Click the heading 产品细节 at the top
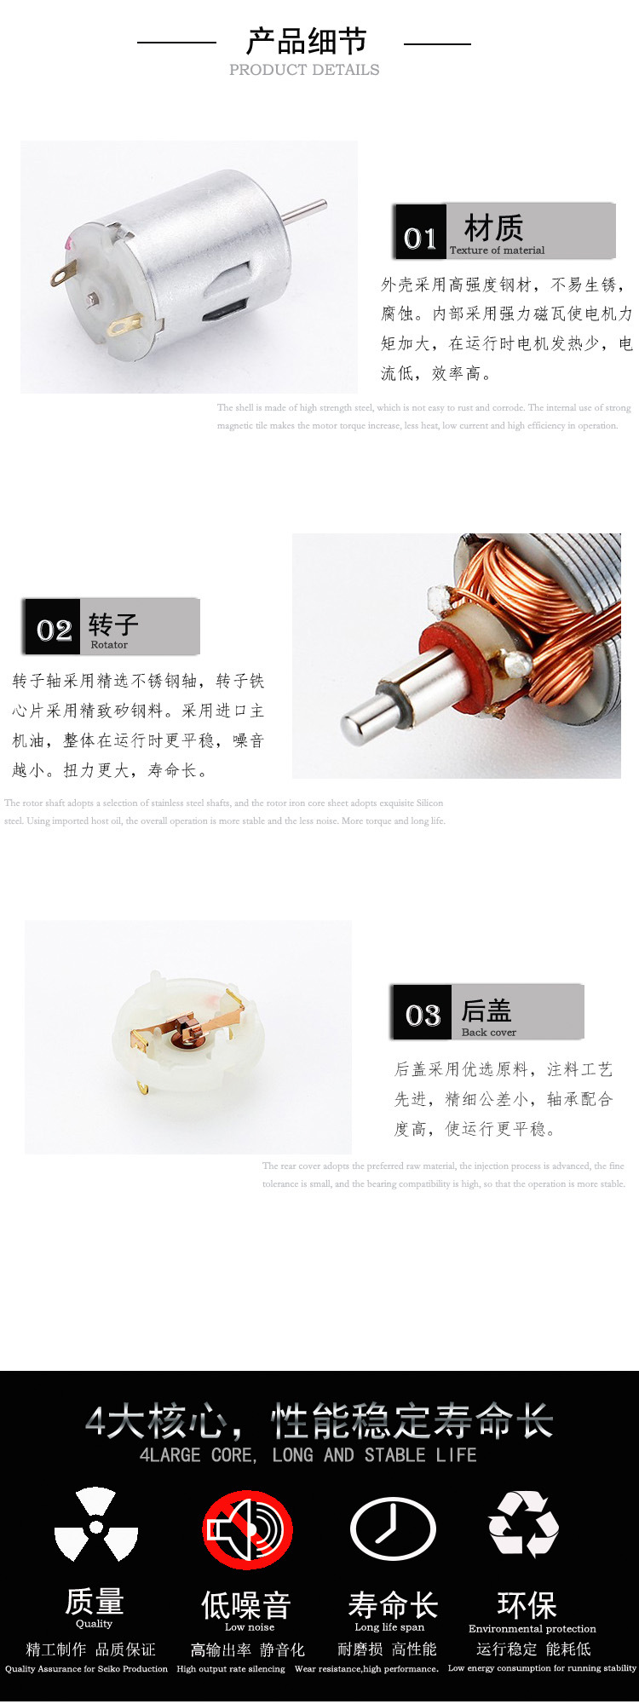click(x=306, y=41)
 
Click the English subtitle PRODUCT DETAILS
click(x=304, y=70)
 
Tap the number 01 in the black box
click(x=420, y=238)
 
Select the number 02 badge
click(x=54, y=630)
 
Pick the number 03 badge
click(x=423, y=1015)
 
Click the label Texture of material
click(x=497, y=250)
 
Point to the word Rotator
click(x=109, y=645)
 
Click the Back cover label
click(x=488, y=1033)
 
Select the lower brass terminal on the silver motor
click(x=123, y=325)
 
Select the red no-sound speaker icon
click(x=247, y=1529)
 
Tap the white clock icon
click(x=393, y=1529)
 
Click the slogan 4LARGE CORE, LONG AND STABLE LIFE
click(x=308, y=1455)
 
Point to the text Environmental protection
click(x=532, y=1628)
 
